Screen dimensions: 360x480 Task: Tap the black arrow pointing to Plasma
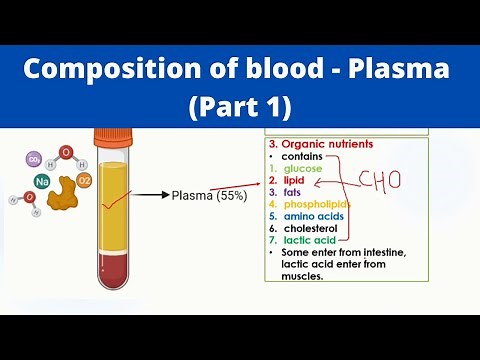click(150, 196)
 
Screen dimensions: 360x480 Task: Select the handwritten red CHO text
click(379, 183)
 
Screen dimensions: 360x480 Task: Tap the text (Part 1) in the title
click(239, 105)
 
